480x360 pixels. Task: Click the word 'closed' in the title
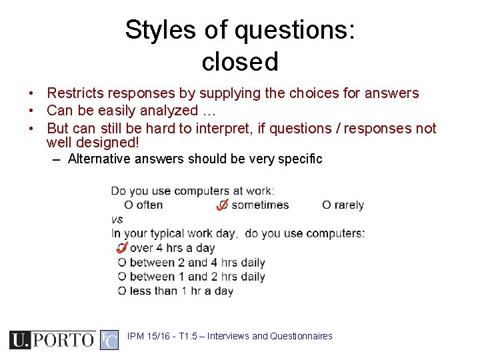239,62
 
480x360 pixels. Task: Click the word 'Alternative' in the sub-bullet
101,159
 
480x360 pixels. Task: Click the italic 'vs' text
117,219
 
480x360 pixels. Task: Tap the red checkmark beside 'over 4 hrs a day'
122,248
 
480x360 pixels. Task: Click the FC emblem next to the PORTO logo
109,339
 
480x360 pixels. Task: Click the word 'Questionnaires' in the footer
301,336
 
